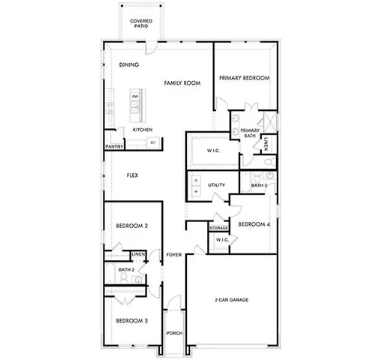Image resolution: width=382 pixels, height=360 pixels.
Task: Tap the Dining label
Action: pos(129,65)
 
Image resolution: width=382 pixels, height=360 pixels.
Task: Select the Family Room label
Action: pos(182,83)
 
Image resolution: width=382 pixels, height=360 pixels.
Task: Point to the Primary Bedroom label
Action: pos(244,78)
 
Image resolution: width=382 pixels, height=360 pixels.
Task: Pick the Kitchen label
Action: pos(143,130)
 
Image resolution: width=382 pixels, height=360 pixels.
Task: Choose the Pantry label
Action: pos(114,147)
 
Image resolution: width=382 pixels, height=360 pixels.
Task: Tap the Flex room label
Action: pos(132,175)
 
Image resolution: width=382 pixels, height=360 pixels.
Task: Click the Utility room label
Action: pos(217,184)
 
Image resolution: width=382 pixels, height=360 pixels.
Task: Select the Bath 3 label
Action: pos(259,184)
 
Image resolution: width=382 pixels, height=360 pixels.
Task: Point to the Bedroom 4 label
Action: pos(254,224)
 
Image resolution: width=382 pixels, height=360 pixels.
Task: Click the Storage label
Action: pos(218,227)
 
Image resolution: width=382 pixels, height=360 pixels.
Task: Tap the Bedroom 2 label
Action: pos(131,226)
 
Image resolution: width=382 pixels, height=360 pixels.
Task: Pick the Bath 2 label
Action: pos(127,269)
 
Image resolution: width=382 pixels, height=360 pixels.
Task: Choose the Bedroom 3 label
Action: pos(131,321)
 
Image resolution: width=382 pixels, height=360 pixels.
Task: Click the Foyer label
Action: pos(174,256)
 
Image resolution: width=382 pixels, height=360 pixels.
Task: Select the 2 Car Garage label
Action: pos(230,301)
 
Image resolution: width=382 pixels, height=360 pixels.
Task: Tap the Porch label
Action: pos(174,333)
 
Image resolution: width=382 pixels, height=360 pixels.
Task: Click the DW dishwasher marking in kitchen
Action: pos(135,97)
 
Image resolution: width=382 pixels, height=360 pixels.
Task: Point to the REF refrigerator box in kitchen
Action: pos(153,142)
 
